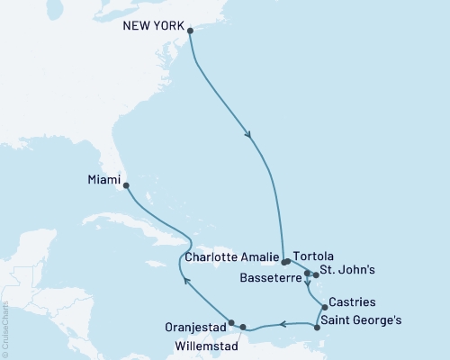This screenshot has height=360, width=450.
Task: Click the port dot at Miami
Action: [x=125, y=186]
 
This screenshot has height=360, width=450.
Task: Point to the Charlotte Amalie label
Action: [x=229, y=256]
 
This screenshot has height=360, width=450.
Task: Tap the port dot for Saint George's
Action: [x=319, y=328]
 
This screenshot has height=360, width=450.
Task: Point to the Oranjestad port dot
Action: [x=231, y=322]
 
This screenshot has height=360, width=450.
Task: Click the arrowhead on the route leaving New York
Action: [x=248, y=136]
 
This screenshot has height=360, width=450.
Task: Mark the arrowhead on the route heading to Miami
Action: [x=186, y=281]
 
